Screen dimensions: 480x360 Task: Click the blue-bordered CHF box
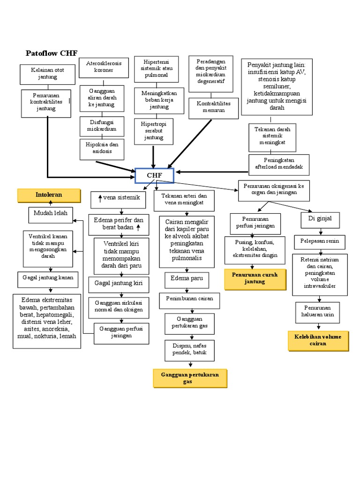coord(154,175)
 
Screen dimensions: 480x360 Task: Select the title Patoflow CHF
coord(52,53)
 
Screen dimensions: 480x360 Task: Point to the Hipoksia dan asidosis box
coord(102,150)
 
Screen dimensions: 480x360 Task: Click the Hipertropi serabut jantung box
coord(153,131)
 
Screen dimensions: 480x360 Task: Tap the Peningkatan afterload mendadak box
coord(279,164)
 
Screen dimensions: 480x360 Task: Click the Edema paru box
coord(187,279)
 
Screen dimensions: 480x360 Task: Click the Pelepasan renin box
coord(320,243)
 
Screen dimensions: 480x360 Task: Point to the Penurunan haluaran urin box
coord(317,312)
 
